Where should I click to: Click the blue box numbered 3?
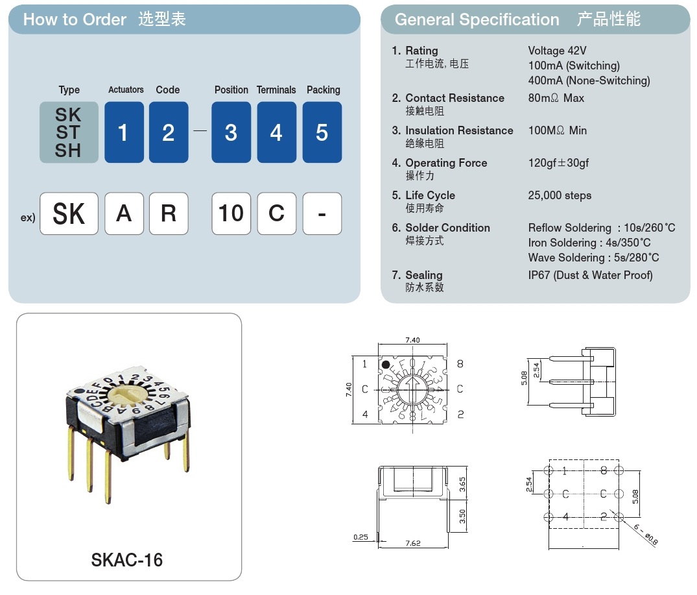click(231, 132)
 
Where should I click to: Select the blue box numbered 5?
click(322, 132)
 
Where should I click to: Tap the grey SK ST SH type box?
click(69, 132)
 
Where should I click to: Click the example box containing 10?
click(231, 213)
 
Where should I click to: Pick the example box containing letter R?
click(169, 213)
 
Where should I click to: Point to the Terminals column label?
click(276, 90)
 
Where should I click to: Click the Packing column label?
click(323, 90)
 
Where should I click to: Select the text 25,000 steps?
click(560, 195)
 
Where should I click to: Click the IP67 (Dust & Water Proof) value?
click(590, 275)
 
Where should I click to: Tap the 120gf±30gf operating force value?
click(558, 163)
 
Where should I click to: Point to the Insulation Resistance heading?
click(459, 130)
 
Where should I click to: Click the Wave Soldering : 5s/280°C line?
click(593, 258)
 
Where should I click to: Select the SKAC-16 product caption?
click(127, 559)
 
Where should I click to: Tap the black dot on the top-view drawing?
click(385, 366)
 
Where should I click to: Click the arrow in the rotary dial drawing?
click(412, 391)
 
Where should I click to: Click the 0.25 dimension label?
click(361, 537)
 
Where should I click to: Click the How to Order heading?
click(75, 19)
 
